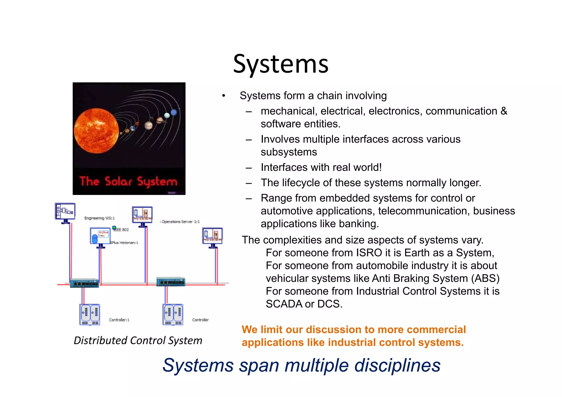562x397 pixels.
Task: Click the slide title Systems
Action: [280, 64]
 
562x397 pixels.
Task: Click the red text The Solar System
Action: [128, 182]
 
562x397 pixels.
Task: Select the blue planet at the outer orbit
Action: [174, 112]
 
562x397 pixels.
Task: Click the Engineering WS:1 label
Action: [99, 218]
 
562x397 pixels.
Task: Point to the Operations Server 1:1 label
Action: [180, 222]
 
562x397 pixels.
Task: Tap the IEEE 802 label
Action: [121, 230]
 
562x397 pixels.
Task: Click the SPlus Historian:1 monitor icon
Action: [100, 236]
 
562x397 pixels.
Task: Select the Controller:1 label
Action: [119, 320]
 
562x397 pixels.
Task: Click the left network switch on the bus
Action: [84, 283]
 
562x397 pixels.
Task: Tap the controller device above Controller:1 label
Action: [90, 314]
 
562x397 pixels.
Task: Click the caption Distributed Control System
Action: [138, 341]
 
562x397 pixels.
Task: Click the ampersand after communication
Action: [504, 111]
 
